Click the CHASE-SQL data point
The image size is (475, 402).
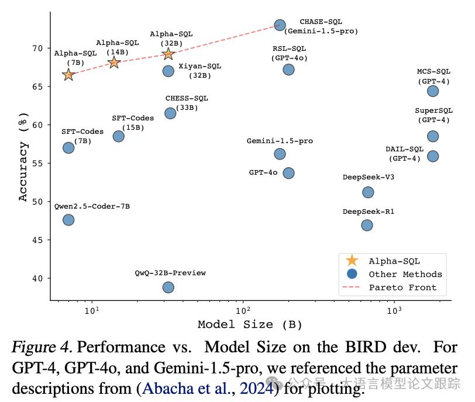[280, 25]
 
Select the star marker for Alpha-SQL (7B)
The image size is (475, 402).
[68, 74]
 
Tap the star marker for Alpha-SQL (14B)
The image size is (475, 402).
[114, 63]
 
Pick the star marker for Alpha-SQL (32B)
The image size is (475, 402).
[168, 54]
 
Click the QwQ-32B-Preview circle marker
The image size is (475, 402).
[168, 287]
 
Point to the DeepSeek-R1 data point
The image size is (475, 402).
[367, 225]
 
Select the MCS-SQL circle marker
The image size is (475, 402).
[433, 91]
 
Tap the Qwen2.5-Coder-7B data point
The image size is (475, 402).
[68, 220]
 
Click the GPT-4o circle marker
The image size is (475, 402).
[288, 173]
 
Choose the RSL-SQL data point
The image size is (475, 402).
[288, 70]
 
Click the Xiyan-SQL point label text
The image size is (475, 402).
[200, 66]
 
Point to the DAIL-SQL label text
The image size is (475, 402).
[404, 149]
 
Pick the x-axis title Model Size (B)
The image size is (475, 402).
[250, 324]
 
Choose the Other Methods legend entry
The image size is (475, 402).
[405, 274]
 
